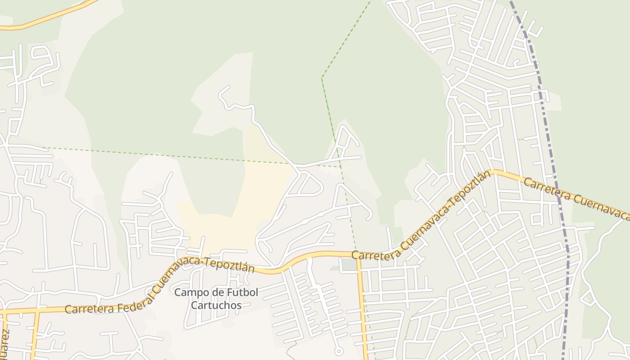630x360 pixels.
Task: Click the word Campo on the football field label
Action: point(186,292)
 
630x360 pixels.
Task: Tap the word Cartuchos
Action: point(216,306)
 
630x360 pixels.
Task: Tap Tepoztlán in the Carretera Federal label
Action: point(229,266)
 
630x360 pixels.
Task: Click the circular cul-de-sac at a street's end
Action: point(339,351)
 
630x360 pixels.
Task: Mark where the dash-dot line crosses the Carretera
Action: point(558,193)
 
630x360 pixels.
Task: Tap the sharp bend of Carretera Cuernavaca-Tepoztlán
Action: point(493,171)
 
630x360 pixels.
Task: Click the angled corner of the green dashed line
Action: point(322,78)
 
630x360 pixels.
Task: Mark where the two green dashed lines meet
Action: point(341,167)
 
